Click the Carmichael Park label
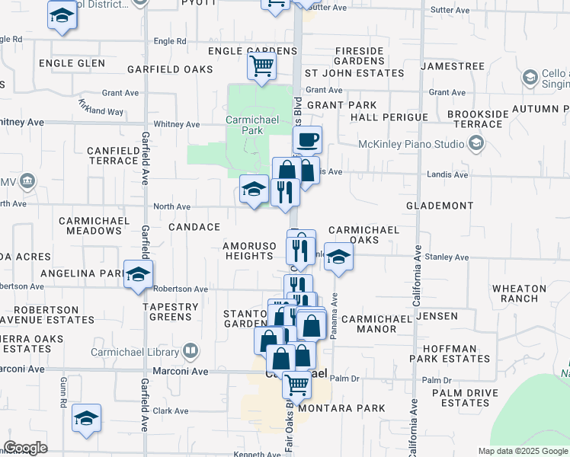point(245,125)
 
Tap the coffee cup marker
point(308,140)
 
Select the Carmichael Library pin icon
point(191,351)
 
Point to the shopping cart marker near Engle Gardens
point(261,66)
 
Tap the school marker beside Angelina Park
point(138,275)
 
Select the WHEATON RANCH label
point(519,295)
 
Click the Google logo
point(25,448)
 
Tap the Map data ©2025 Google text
point(522,451)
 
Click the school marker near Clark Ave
point(87,418)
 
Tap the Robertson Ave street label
point(181,289)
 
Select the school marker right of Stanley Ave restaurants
point(338,257)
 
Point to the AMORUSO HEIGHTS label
point(248,251)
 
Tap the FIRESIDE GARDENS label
point(359,56)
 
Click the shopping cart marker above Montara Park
point(296,385)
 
